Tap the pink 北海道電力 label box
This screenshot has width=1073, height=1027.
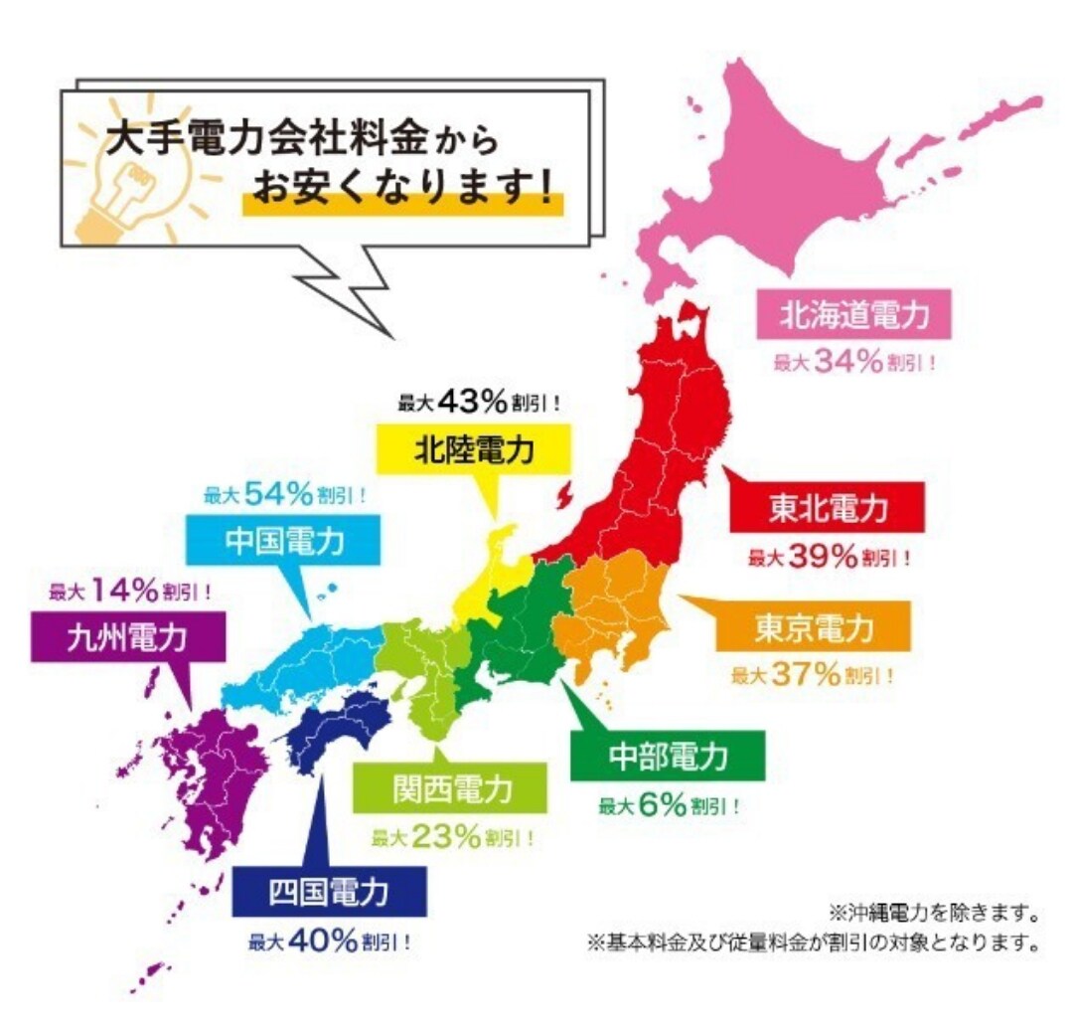852,316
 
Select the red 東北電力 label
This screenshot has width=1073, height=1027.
827,509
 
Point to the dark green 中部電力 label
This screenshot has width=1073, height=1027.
667,758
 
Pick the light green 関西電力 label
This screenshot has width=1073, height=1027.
451,790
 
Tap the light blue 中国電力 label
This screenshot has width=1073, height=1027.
284,542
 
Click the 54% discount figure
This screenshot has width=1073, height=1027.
280,494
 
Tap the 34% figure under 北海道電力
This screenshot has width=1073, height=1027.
847,363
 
